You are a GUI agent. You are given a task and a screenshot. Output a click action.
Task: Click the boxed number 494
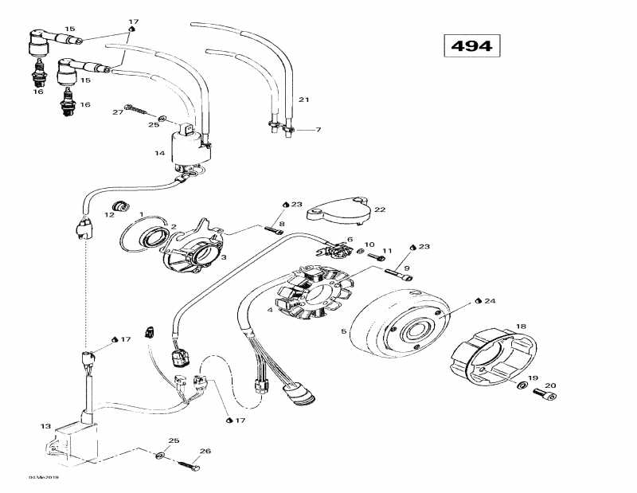coord(471,45)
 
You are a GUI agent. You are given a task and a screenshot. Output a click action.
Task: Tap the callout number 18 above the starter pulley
coord(521,327)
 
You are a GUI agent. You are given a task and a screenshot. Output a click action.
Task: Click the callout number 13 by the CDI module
coord(45,426)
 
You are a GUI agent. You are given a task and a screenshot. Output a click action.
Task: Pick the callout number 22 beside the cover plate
coord(379,209)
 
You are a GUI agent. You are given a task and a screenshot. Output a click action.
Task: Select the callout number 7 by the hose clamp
coord(318,130)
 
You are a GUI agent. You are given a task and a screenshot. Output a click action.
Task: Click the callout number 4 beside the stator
coord(270,310)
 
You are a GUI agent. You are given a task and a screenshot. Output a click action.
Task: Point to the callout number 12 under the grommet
coord(111,215)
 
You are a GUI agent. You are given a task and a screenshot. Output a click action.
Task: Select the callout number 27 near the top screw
coord(118,112)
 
